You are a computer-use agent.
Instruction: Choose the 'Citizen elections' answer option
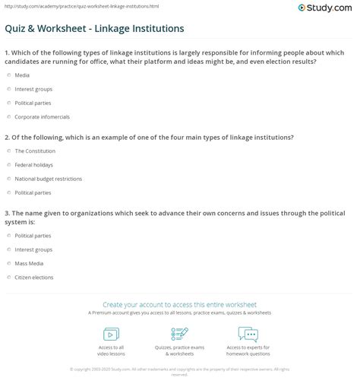pos(34,278)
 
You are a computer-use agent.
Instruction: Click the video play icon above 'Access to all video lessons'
pos(110,334)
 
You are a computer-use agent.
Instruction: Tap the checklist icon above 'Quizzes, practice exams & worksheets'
pos(179,334)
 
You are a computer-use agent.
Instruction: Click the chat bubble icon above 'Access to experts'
pos(248,334)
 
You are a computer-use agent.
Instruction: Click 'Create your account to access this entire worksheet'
pos(179,303)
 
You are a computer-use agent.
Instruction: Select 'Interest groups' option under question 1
pos(33,89)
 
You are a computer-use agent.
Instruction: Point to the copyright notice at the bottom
pos(179,371)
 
